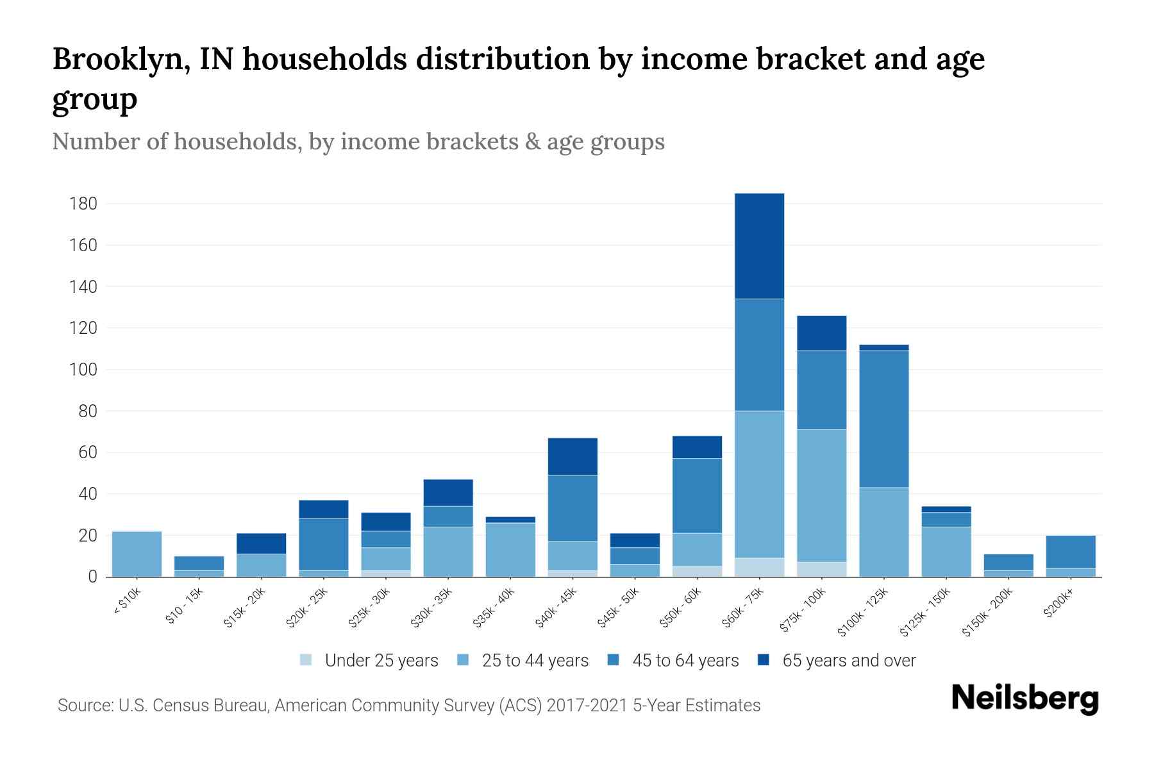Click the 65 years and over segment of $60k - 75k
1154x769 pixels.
coord(759,246)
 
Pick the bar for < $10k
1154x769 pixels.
coord(137,554)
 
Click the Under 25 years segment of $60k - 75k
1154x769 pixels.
coord(759,567)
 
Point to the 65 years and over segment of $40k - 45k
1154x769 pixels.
coord(573,456)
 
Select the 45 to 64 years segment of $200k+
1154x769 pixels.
coord(1071,552)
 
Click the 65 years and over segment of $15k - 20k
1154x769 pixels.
coord(261,543)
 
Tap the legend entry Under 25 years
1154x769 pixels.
coord(370,661)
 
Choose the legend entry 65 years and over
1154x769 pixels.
coord(837,661)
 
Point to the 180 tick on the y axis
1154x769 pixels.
coord(83,204)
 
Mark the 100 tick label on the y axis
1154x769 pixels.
coord(83,370)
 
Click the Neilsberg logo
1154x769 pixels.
coord(1024,699)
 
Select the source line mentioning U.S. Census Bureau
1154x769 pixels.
coord(408,706)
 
